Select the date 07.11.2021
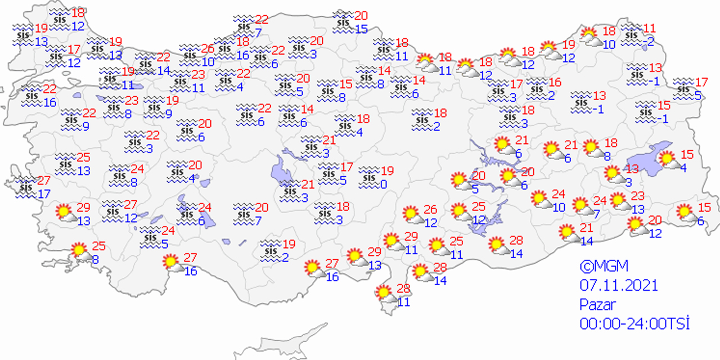coord(618,285)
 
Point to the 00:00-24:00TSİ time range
coord(634,323)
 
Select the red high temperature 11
coord(650,28)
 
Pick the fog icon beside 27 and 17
coord(25,185)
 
